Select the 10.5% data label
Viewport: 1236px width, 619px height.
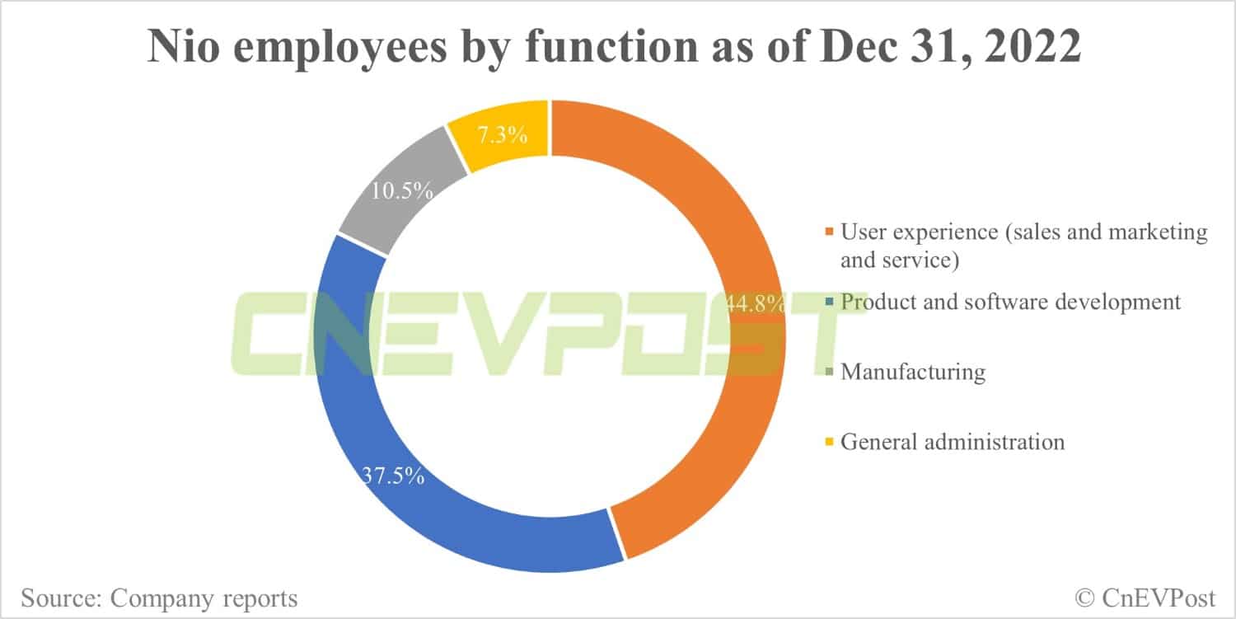pos(401,190)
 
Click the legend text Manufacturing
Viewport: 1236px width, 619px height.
pos(913,372)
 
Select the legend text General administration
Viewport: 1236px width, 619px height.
pos(953,442)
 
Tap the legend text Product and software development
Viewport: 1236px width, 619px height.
pos(1010,302)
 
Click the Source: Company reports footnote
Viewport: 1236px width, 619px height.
pos(160,597)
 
